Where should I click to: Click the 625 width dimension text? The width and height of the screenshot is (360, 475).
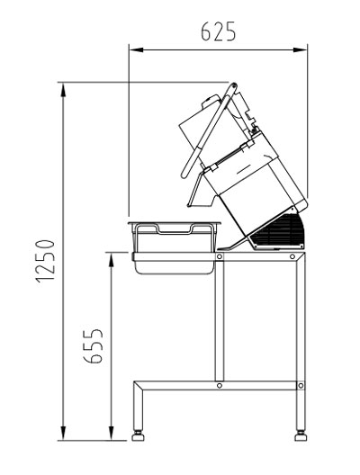(x=218, y=32)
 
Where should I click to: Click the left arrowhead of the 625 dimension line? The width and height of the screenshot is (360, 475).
(x=133, y=50)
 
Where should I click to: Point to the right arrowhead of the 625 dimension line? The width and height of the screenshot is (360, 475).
(x=303, y=50)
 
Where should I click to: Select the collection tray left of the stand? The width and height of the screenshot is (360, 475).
(x=174, y=245)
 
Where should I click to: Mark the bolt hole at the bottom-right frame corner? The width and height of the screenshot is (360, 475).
(x=298, y=385)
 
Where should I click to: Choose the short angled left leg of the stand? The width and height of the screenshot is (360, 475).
(x=138, y=405)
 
